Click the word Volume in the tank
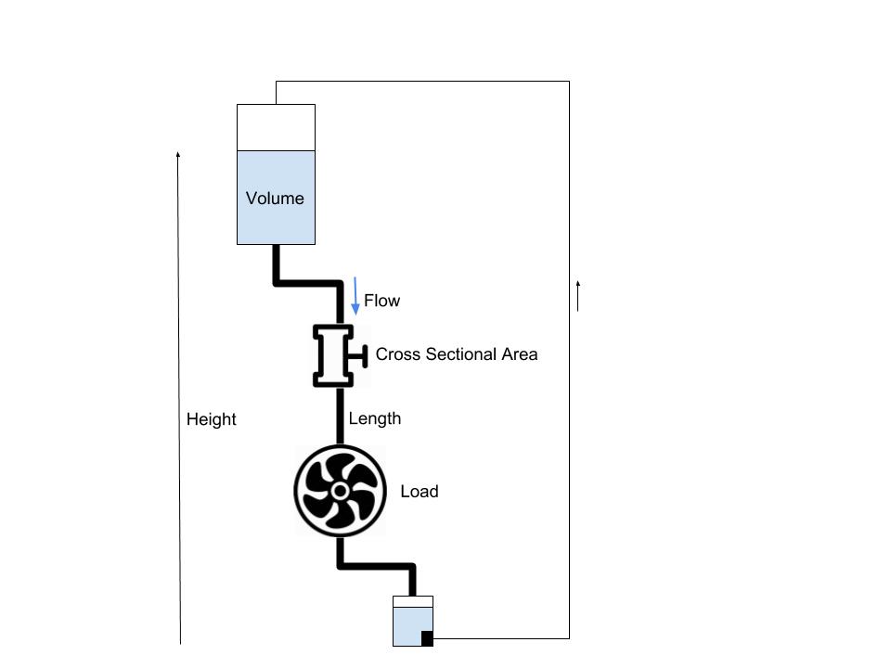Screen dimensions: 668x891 tap(275, 199)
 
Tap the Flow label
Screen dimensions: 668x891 tap(381, 301)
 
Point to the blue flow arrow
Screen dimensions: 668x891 tap(355, 296)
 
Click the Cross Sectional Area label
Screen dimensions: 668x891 tap(456, 354)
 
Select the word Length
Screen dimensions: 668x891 tap(375, 418)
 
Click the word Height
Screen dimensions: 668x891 tap(212, 419)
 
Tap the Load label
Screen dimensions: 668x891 tap(419, 492)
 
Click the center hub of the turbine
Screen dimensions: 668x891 tap(340, 491)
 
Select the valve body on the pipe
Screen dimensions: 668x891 tap(332, 354)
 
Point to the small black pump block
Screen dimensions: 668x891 tap(427, 638)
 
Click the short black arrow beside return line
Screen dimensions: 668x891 tap(578, 296)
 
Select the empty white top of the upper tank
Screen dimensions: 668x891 tap(276, 127)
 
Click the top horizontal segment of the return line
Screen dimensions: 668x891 tap(422, 82)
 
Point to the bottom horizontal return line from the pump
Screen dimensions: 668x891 tap(501, 638)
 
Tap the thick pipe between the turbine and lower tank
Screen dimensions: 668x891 tap(376, 565)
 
